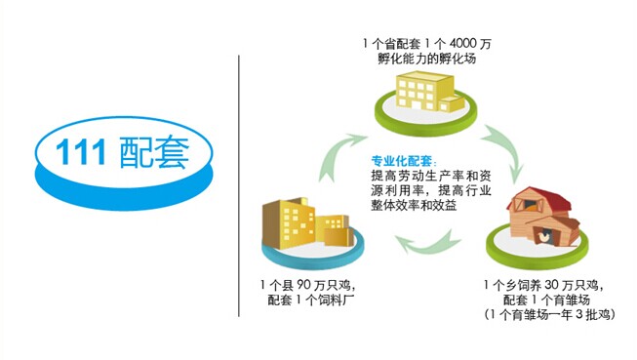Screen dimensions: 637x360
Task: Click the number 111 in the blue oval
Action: click(x=81, y=152)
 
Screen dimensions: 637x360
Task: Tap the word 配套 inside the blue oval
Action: click(x=155, y=152)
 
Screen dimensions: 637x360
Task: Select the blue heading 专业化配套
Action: click(x=401, y=161)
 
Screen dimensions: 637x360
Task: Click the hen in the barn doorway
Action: click(x=542, y=236)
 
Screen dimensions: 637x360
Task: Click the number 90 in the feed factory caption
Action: click(x=303, y=285)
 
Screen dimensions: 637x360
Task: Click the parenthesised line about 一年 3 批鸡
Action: click(x=549, y=314)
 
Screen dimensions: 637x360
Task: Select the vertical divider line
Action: click(x=239, y=185)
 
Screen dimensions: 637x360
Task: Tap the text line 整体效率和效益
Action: click(x=414, y=205)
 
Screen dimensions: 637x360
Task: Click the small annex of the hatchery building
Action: click(x=453, y=104)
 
